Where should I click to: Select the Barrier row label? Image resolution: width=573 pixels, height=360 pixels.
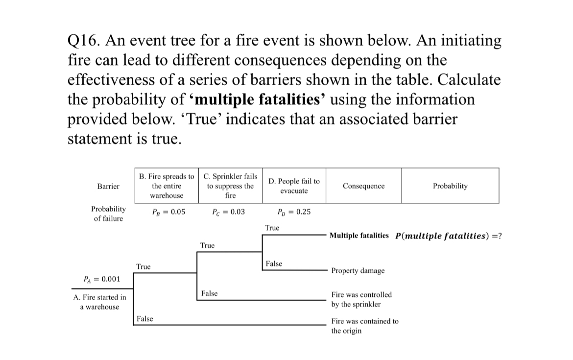[x=108, y=186]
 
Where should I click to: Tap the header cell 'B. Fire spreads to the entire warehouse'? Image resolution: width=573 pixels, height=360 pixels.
[x=167, y=186]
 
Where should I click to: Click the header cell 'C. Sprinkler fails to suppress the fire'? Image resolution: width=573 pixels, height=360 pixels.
[x=230, y=186]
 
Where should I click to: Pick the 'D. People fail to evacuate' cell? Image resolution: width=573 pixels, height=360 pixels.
[x=294, y=186]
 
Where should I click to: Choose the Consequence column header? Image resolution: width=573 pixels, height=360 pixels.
[x=364, y=186]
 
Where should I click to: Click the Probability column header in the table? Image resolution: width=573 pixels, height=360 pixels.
[x=450, y=186]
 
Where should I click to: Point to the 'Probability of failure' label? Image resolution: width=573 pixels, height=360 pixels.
[x=108, y=214]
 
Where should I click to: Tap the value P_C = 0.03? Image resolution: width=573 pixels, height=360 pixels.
[x=229, y=213]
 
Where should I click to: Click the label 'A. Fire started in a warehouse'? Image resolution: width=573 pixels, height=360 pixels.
[x=99, y=302]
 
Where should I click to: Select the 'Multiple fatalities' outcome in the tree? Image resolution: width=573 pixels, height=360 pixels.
[x=359, y=236]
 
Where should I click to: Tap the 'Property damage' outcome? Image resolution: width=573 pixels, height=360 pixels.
[x=358, y=270]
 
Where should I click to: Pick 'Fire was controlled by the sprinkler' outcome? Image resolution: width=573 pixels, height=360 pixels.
[x=361, y=299]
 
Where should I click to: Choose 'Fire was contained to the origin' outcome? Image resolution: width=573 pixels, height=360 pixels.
[x=365, y=326]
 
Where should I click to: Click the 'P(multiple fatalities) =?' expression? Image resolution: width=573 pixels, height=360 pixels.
[x=448, y=236]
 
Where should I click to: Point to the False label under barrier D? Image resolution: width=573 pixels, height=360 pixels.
[x=274, y=264]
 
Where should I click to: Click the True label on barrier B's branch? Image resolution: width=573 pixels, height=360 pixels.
[x=143, y=267]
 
